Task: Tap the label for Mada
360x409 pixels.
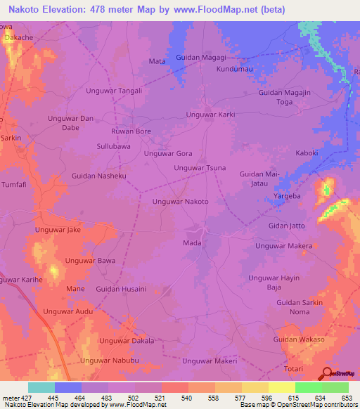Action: [192, 243]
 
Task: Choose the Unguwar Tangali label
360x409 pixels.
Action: [114, 91]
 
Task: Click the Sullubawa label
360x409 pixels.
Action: [113, 146]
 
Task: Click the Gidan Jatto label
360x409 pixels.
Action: [287, 226]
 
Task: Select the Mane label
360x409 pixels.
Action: [75, 289]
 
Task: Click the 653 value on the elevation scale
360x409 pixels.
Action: [346, 398]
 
